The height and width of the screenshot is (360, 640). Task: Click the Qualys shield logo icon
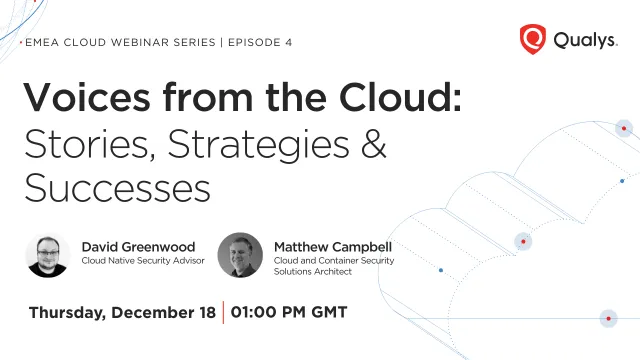[x=533, y=39]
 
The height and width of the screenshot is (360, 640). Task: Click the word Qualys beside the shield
[x=585, y=40]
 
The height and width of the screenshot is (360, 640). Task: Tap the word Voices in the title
[x=87, y=98]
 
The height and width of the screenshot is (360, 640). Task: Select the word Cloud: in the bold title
[x=400, y=98]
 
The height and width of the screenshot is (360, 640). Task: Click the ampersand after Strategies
[x=373, y=143]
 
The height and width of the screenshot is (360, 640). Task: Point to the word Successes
[x=118, y=188]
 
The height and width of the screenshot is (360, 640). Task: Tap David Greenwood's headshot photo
[x=48, y=256]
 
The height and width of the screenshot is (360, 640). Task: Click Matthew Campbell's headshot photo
[x=240, y=256]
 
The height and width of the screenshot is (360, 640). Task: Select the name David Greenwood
[x=138, y=247]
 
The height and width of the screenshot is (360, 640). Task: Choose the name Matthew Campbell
[x=333, y=247]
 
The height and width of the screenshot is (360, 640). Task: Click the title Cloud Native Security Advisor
[x=143, y=260]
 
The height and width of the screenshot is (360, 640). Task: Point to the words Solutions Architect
[x=313, y=271]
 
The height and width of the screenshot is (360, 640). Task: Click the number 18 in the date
[x=207, y=313]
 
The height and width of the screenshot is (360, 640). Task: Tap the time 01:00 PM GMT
[x=289, y=312]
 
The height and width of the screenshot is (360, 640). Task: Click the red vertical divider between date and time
[x=223, y=312]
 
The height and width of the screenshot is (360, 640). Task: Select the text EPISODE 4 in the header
[x=260, y=42]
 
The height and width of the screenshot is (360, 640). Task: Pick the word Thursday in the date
[x=67, y=313]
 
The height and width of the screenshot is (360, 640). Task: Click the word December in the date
[x=153, y=313]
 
